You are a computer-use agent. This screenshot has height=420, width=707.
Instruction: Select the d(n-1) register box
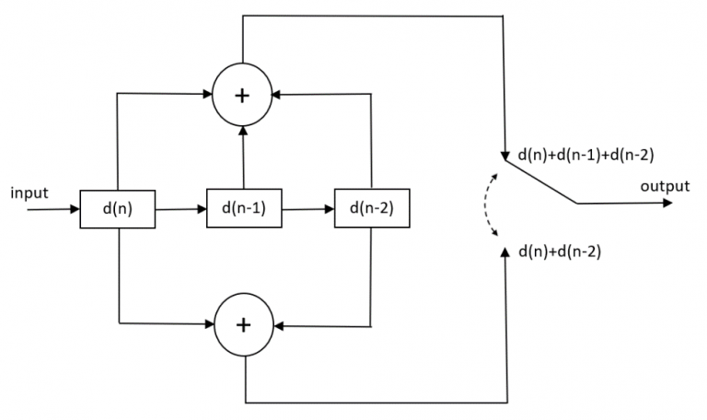244,209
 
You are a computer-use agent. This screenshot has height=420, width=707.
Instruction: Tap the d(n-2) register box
372,209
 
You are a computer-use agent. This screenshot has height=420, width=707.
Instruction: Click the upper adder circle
244,96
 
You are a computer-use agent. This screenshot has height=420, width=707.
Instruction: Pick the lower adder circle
244,325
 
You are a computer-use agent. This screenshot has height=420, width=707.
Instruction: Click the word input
29,192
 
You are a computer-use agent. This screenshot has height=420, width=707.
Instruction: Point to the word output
665,187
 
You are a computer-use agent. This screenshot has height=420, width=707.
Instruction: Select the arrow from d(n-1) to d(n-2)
307,209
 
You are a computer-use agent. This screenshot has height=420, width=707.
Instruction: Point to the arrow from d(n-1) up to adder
244,157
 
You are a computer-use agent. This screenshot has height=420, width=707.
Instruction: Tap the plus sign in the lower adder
244,325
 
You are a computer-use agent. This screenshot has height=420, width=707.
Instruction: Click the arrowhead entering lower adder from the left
208,324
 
